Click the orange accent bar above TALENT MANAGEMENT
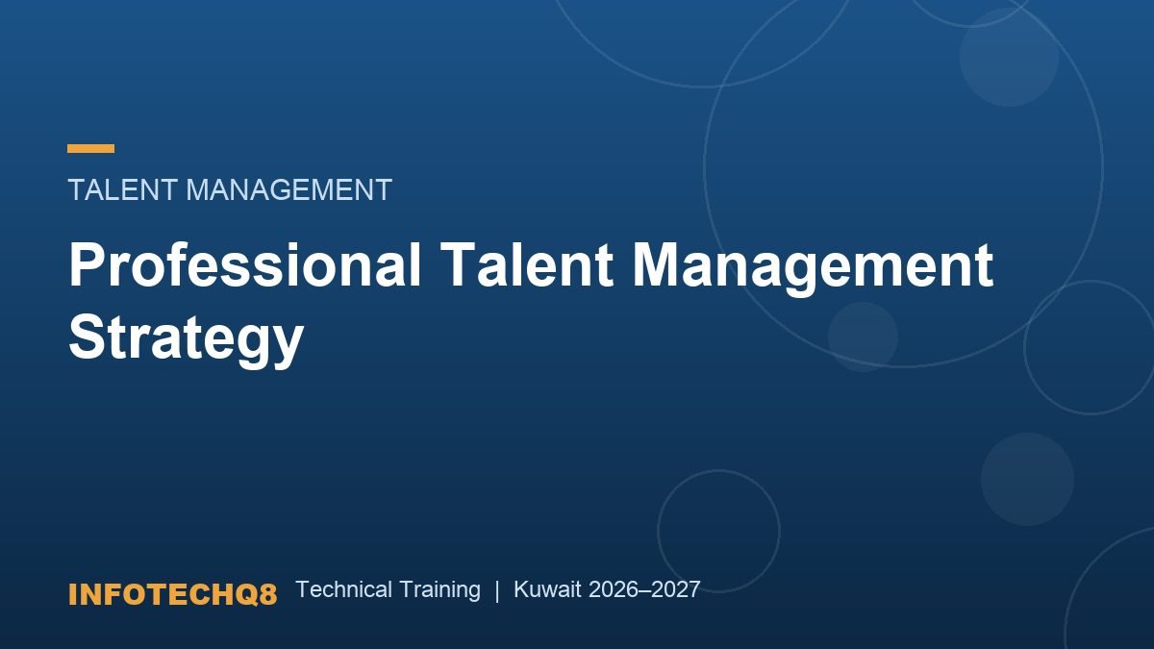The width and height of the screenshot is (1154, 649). click(90, 149)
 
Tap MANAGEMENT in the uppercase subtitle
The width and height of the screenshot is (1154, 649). click(289, 189)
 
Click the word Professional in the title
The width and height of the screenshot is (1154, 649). click(245, 264)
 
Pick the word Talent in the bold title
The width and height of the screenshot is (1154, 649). click(527, 264)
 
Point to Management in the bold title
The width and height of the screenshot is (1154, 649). click(813, 268)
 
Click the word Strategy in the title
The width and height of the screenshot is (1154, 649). click(186, 340)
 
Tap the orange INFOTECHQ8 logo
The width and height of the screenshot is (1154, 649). click(172, 594)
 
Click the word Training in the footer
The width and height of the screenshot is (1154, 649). click(440, 590)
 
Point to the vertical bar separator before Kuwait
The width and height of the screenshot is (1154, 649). click(497, 590)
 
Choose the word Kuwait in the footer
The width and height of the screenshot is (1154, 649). click(547, 589)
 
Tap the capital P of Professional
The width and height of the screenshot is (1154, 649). click(86, 264)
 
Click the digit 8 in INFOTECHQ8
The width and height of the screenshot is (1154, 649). click(267, 594)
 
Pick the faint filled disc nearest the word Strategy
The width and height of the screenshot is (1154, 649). click(863, 337)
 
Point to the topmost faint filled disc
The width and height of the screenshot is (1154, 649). click(1009, 57)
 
